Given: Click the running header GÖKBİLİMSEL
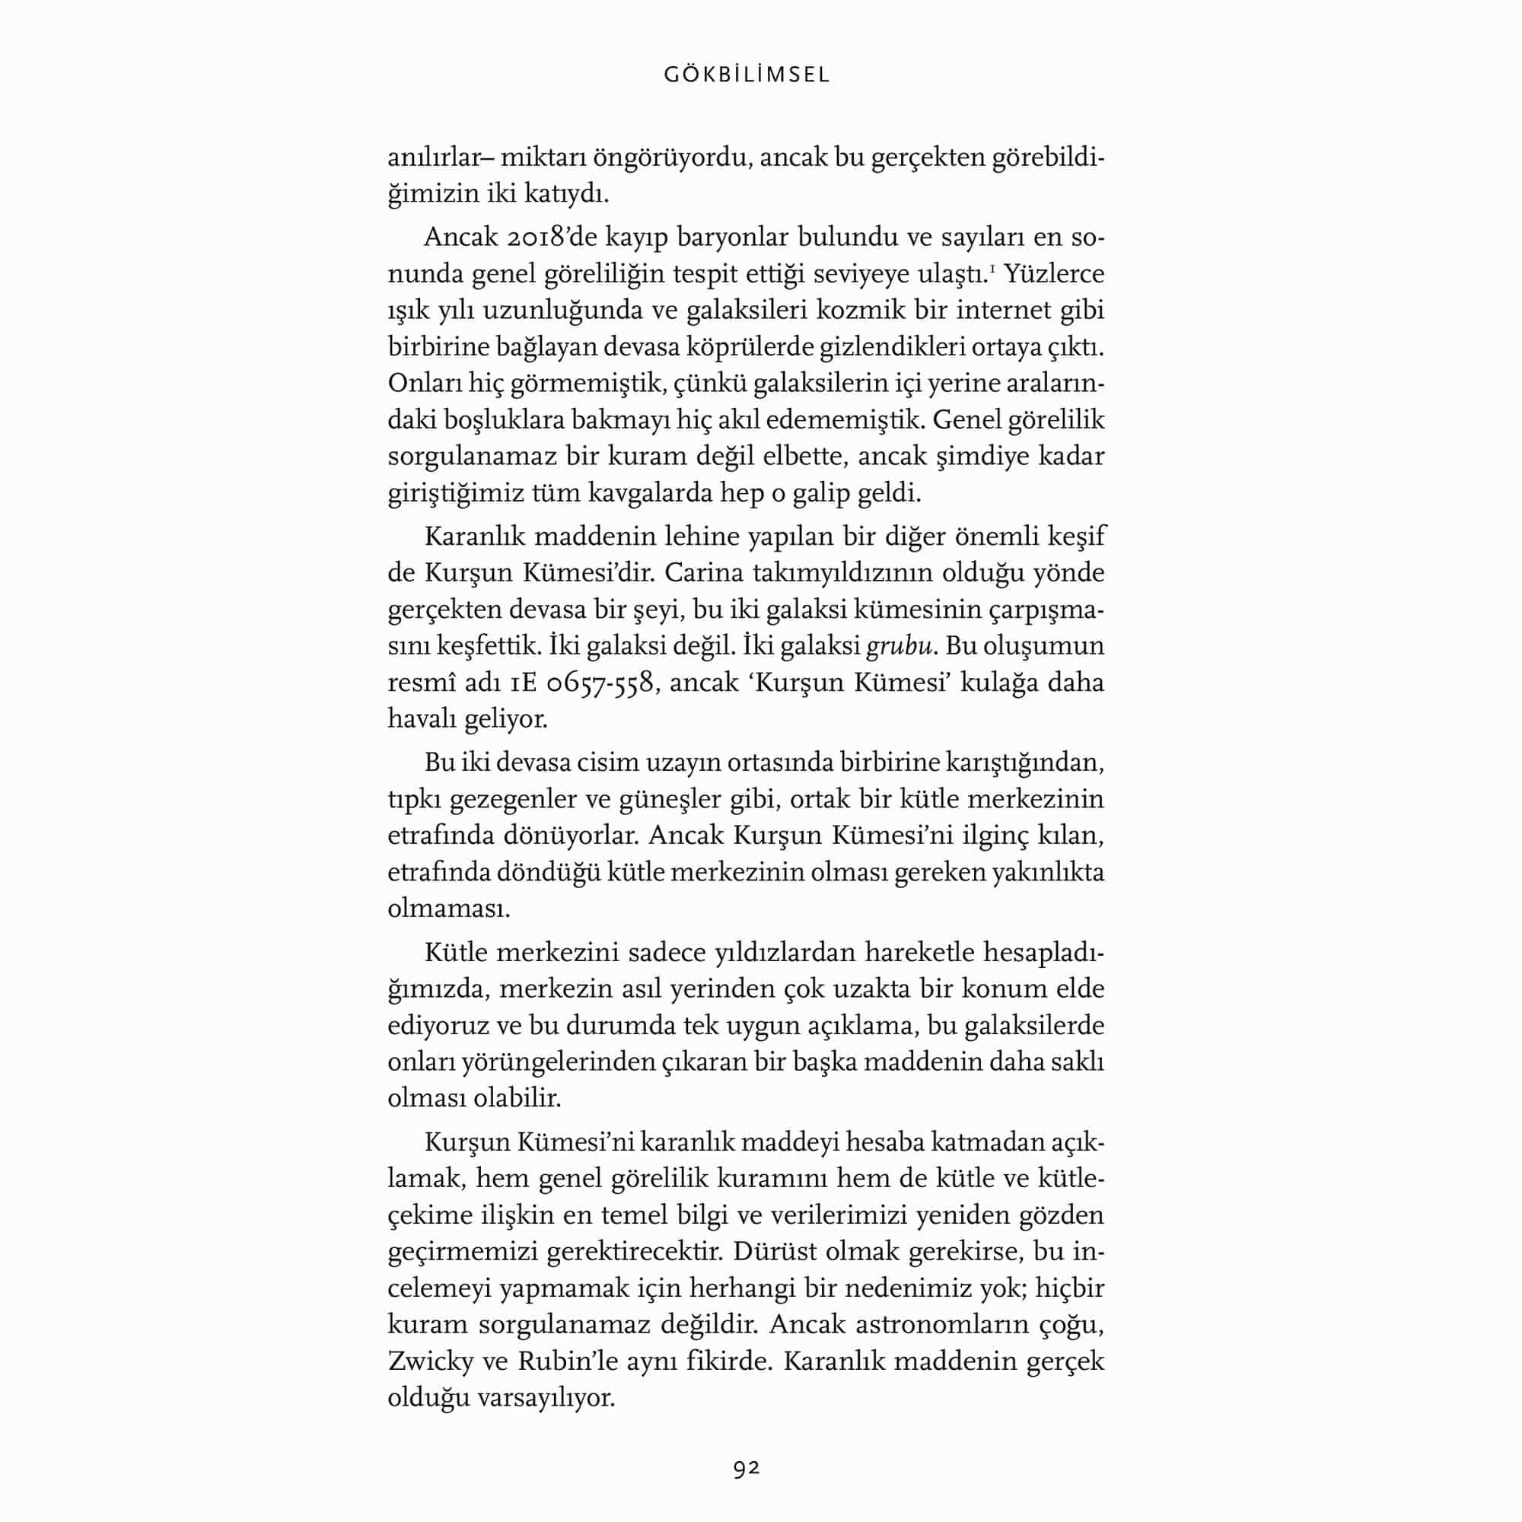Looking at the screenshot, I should [x=747, y=75].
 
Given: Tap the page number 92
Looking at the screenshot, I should [x=746, y=1468].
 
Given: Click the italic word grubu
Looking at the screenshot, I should [x=900, y=646].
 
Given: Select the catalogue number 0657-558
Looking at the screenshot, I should [x=600, y=682].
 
